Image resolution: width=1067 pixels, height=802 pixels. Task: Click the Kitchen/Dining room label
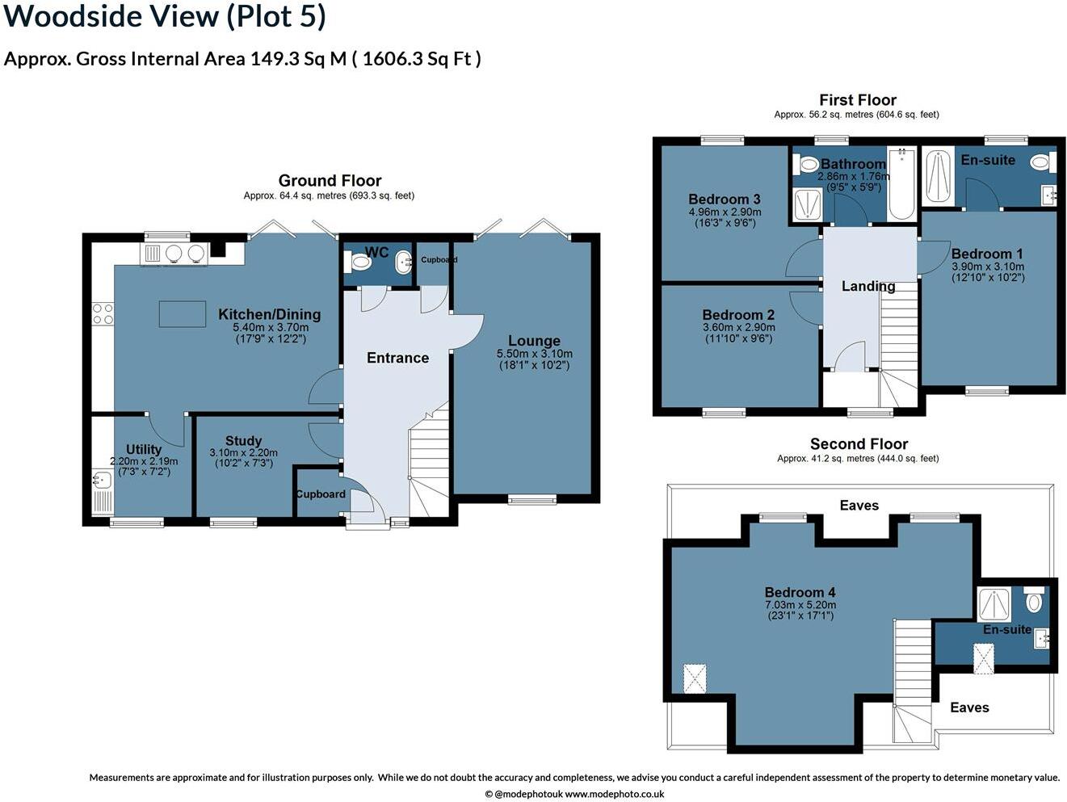point(269,314)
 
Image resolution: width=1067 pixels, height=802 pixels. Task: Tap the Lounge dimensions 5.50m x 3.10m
point(534,354)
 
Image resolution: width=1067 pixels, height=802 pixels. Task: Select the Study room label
point(244,441)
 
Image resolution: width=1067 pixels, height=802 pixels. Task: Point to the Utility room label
point(144,449)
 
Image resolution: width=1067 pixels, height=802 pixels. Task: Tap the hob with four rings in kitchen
point(103,313)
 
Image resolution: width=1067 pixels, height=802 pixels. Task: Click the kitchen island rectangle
point(183,314)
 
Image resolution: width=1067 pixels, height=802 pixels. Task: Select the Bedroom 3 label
point(725,199)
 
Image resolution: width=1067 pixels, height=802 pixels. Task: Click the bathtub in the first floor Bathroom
point(901,184)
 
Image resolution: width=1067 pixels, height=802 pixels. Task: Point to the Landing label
point(868,286)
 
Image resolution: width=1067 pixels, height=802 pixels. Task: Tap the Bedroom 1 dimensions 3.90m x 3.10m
point(988,267)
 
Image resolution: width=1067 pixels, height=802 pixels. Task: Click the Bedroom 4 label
point(800,593)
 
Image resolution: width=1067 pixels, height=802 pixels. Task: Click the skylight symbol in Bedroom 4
point(695,678)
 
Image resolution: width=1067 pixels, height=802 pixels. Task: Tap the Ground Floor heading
point(330,181)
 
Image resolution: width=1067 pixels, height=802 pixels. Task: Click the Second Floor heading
point(859,443)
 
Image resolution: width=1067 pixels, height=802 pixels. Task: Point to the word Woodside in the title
point(71,16)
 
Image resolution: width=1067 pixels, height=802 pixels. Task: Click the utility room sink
point(102,481)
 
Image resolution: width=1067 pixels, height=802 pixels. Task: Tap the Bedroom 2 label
point(738,315)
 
